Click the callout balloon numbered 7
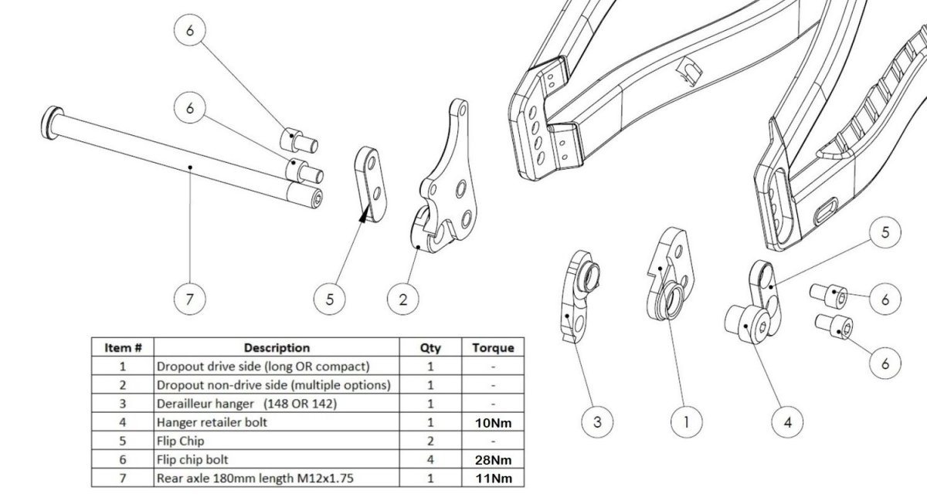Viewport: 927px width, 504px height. [x=189, y=299]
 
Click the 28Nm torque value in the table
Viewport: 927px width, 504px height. [x=492, y=460]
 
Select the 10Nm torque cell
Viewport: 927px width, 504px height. [x=492, y=422]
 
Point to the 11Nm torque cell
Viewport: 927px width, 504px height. [x=492, y=479]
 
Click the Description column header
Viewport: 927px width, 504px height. [x=276, y=348]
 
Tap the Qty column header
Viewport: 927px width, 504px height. [x=430, y=348]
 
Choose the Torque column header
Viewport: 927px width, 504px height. [x=492, y=348]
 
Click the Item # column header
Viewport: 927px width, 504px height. [x=122, y=348]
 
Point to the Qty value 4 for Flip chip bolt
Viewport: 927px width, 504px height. [x=430, y=460]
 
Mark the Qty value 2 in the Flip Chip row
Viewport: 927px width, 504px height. [x=430, y=441]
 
